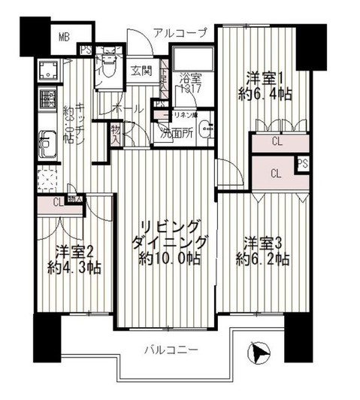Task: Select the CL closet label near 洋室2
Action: tap(58, 201)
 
